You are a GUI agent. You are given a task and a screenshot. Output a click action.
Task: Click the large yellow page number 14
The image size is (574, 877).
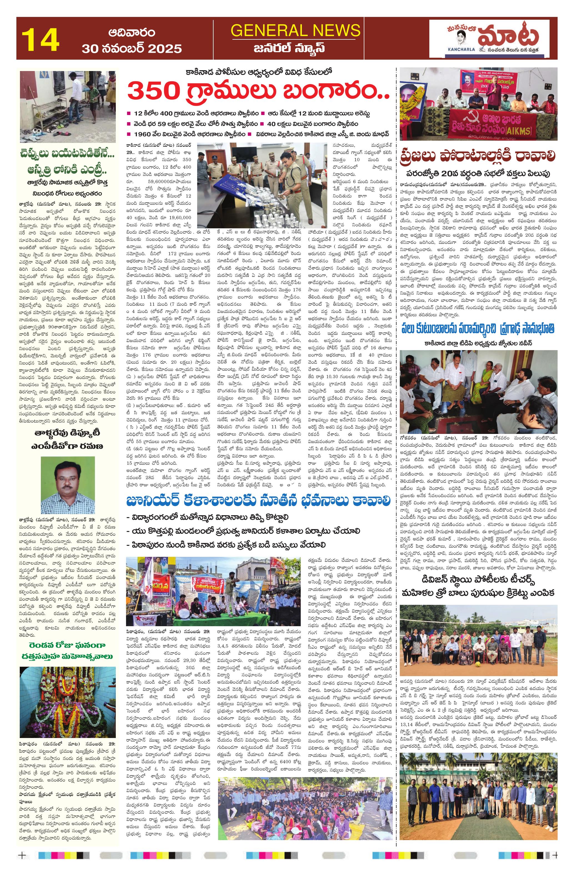[41, 40]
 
